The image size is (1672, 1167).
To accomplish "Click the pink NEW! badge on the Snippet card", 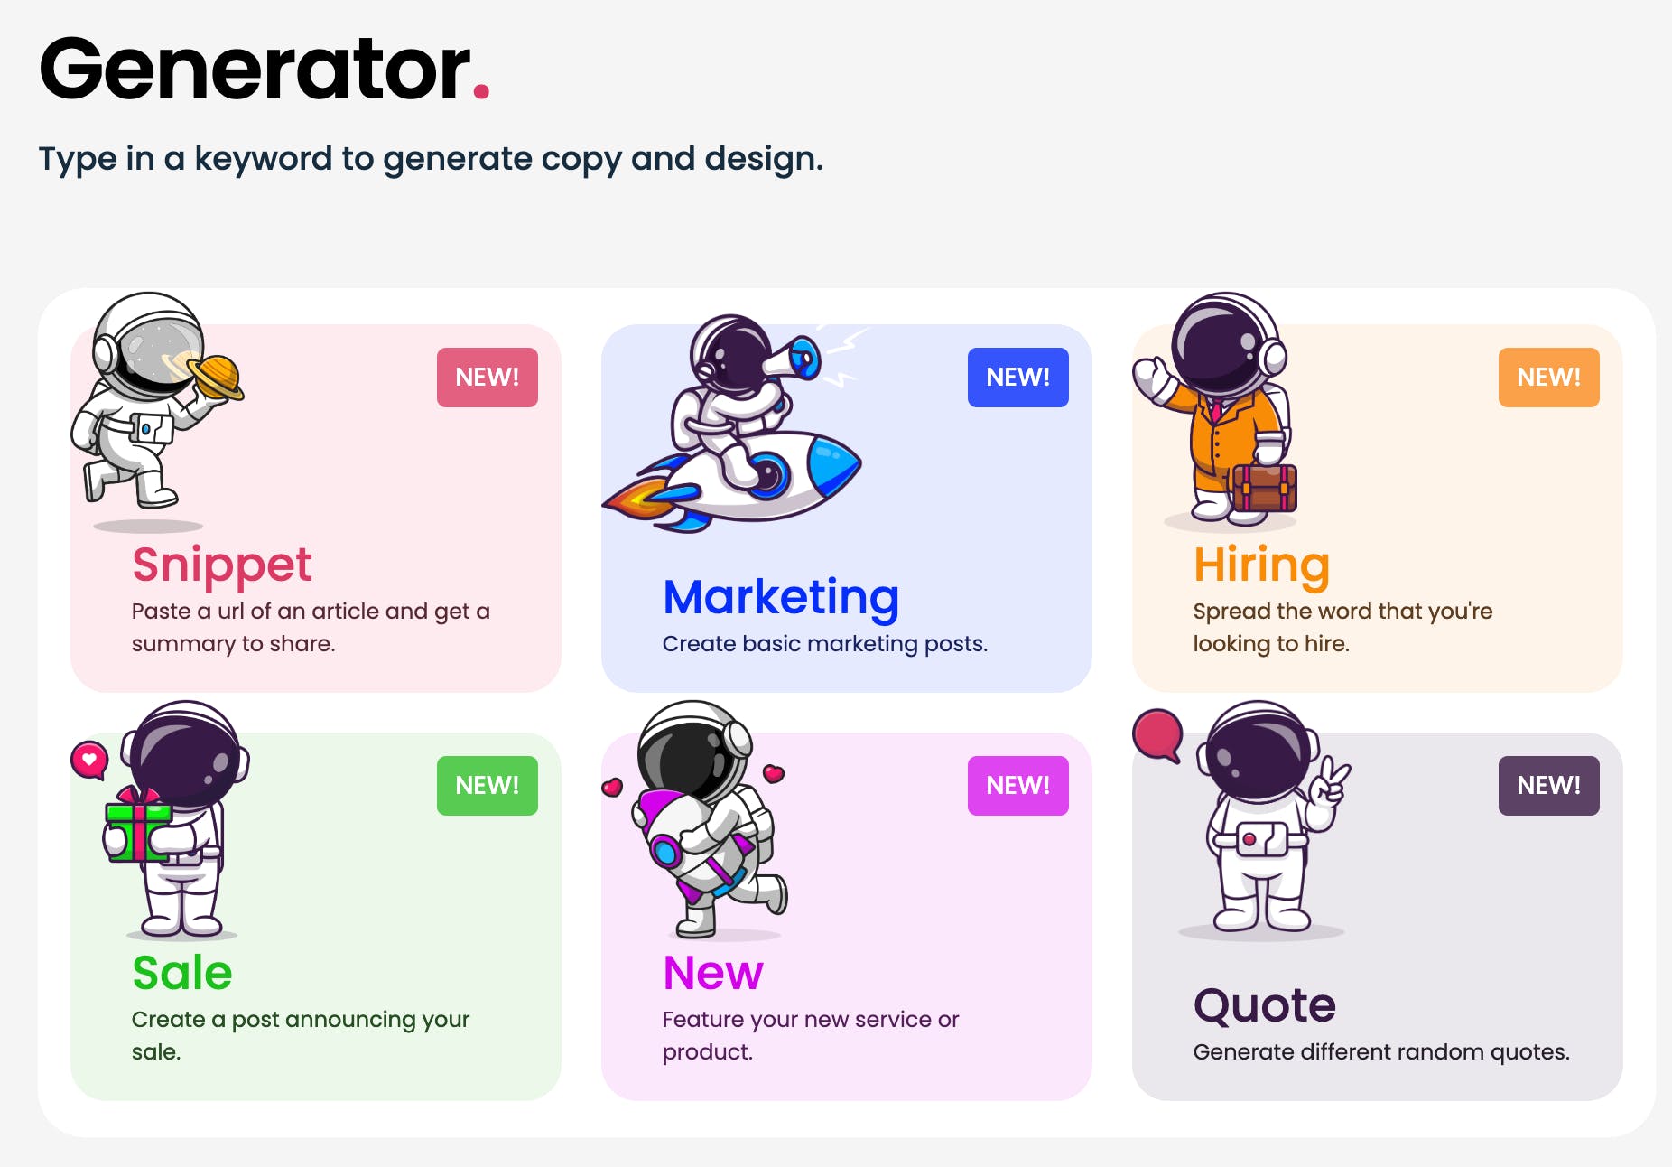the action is [x=488, y=378].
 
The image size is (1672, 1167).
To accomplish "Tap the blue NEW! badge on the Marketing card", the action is [x=1018, y=378].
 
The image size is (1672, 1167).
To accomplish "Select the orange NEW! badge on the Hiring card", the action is [x=1549, y=378].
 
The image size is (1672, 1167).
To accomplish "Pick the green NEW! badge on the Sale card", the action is [x=488, y=786].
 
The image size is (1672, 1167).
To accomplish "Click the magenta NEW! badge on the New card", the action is [x=1018, y=786].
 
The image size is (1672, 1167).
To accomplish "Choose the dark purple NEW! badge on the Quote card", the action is [x=1549, y=786].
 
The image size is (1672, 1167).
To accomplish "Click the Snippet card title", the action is [x=222, y=566].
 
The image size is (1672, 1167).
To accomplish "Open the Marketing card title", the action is [x=781, y=598].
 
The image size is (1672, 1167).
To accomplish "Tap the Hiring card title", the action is [x=1261, y=566].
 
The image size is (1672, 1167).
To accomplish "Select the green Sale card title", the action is [x=182, y=973].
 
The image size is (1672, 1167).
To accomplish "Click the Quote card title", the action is [x=1265, y=1006].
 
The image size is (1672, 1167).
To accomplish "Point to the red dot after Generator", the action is [x=481, y=90].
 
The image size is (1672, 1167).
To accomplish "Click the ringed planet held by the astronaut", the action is [x=214, y=376].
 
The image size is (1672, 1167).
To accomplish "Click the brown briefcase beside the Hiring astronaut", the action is [x=1264, y=488].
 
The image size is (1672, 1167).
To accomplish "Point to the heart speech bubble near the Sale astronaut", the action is [x=89, y=761].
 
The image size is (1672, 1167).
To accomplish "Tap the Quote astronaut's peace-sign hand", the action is [x=1330, y=784].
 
